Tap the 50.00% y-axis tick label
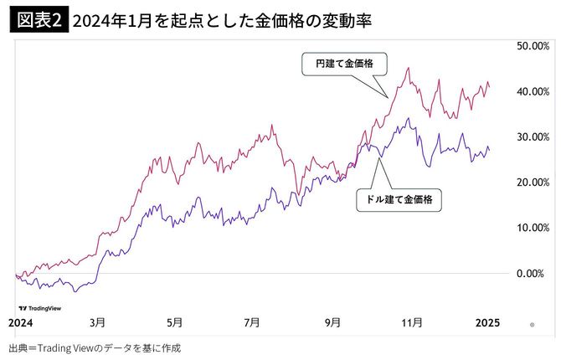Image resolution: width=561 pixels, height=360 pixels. pos(533,45)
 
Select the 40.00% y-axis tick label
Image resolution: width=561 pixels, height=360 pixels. pos(533,91)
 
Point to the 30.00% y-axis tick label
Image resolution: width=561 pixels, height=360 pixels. pos(533,136)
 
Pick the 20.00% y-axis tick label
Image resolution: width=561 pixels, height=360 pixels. pos(533,182)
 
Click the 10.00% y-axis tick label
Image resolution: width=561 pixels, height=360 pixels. pos(533,228)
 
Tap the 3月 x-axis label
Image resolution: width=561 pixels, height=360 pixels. pos(97,322)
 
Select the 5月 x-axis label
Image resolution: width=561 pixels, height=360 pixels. pos(175,322)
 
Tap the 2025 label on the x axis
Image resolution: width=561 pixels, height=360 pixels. pos(486,322)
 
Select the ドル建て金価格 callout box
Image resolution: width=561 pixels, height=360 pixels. pos(399,200)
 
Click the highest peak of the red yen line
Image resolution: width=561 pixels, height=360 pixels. pos(407,68)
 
